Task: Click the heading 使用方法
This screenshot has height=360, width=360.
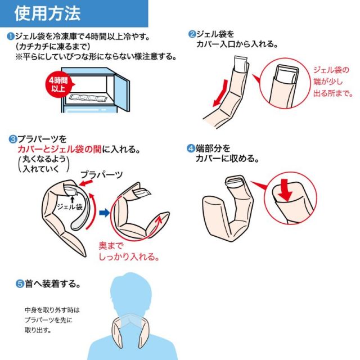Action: pyautogui.click(x=47, y=13)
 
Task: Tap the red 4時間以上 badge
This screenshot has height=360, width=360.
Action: pyautogui.click(x=59, y=84)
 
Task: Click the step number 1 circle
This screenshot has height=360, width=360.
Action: pyautogui.click(x=11, y=37)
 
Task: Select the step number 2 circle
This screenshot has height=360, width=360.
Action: pyautogui.click(x=192, y=34)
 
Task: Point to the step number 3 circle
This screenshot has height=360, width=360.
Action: pyautogui.click(x=12, y=139)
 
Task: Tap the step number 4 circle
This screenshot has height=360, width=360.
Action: pyautogui.click(x=191, y=148)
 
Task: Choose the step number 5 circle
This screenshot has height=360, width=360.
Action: pyautogui.click(x=20, y=284)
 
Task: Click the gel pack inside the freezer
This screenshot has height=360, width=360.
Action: pyautogui.click(x=88, y=98)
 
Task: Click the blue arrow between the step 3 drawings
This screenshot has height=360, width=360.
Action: pyautogui.click(x=105, y=213)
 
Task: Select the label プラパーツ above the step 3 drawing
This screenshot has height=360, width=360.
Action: pyautogui.click(x=102, y=175)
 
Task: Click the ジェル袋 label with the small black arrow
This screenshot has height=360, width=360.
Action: pyautogui.click(x=70, y=206)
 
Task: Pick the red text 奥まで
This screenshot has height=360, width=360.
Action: pyautogui.click(x=111, y=246)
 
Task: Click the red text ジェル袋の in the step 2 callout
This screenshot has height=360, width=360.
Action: pyautogui.click(x=331, y=70)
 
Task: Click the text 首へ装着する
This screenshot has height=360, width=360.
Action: pyautogui.click(x=53, y=284)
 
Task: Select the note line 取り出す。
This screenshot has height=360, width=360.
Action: pyautogui.click(x=38, y=330)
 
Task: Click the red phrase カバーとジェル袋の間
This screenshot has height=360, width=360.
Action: pyautogui.click(x=60, y=150)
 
